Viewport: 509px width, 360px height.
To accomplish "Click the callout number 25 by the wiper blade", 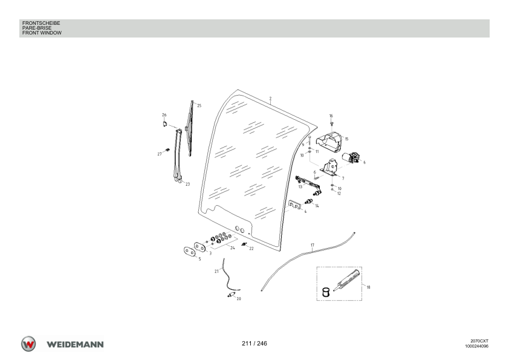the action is (199, 106).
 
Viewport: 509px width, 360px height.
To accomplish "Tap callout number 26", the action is (164, 115).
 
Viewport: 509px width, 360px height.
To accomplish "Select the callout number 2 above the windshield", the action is (270, 99).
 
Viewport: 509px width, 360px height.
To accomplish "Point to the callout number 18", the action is (368, 287).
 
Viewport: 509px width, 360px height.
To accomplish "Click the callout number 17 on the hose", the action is (313, 245).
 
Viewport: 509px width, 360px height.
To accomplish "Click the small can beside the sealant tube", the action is (326, 292).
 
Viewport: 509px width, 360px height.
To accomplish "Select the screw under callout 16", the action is (331, 123).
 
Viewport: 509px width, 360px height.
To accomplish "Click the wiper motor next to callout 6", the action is (350, 157).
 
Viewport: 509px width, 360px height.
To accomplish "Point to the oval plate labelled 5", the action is (189, 252).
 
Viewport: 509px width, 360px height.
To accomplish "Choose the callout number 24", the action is (232, 248).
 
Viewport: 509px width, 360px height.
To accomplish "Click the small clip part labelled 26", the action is (165, 124).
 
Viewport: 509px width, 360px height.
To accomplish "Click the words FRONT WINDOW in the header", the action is (42, 33).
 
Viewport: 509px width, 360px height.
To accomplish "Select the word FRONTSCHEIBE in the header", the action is (41, 23).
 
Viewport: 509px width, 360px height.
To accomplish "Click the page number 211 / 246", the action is (254, 344).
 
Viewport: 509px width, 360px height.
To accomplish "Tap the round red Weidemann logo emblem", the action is (28, 344).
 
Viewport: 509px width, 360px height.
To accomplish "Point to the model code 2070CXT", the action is (479, 341).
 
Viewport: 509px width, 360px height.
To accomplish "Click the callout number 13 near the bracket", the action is (300, 187).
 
